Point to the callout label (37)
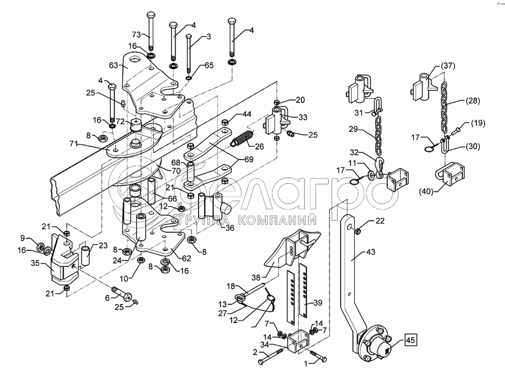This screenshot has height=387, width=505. tap(447, 66)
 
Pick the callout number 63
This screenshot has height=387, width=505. tap(113, 66)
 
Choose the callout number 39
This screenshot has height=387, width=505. tap(318, 303)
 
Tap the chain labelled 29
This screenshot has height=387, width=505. tap(378, 136)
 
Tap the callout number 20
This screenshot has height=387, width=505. tap(300, 99)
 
